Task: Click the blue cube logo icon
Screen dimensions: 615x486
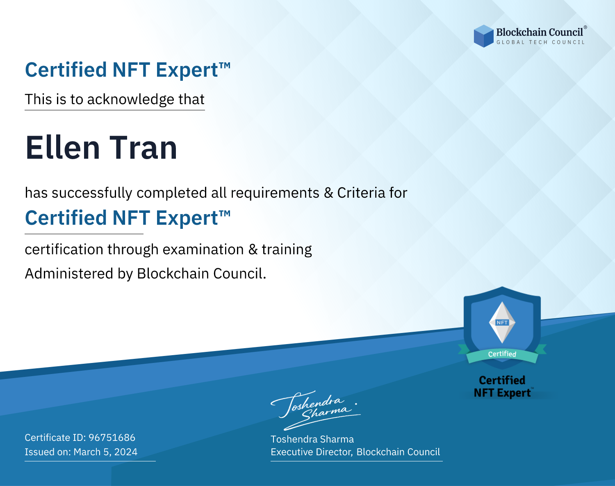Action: (x=483, y=36)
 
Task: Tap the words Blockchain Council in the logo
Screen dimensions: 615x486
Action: (x=540, y=32)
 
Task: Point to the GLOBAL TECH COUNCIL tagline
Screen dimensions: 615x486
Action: (x=541, y=42)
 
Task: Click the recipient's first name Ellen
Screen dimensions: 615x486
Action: (x=63, y=148)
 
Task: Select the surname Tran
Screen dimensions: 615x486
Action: (x=143, y=148)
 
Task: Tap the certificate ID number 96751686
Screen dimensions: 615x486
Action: (x=112, y=437)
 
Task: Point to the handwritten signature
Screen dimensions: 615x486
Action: (x=315, y=410)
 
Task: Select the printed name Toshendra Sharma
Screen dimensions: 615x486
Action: (x=312, y=439)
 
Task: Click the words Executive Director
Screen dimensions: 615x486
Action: (x=311, y=452)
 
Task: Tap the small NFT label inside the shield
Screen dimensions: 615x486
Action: (x=502, y=322)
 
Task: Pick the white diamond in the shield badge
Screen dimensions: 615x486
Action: (x=502, y=322)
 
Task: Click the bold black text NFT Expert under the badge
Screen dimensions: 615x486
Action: (x=502, y=393)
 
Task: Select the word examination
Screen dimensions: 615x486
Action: (x=203, y=249)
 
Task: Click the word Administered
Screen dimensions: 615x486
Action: (x=69, y=274)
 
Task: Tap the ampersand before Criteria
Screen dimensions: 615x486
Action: (x=328, y=193)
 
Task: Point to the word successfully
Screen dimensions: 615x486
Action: (x=92, y=193)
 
